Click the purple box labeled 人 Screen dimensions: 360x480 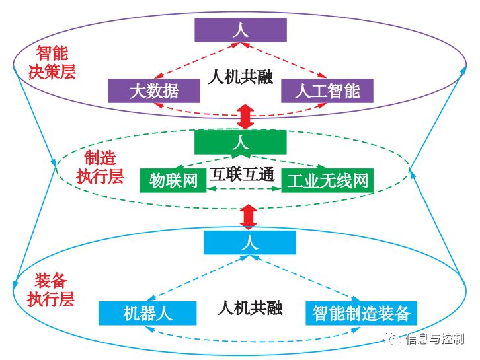pyautogui.click(x=240, y=30)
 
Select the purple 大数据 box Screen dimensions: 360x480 pyautogui.click(x=144, y=90)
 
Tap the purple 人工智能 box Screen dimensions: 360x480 pyautogui.click(x=327, y=90)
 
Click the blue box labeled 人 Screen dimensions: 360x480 pyautogui.click(x=249, y=242)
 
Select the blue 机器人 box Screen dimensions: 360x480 pyautogui.click(x=147, y=313)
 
